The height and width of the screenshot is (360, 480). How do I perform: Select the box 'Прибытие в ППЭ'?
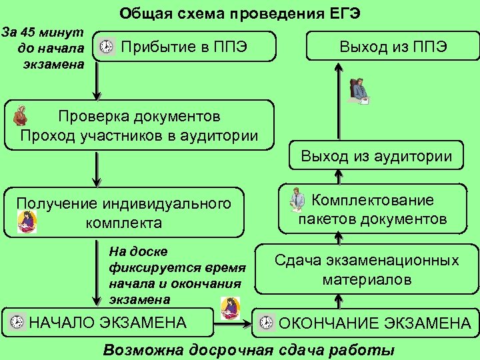(x=183, y=47)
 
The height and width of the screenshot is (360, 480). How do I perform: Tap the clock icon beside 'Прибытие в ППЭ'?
(x=106, y=47)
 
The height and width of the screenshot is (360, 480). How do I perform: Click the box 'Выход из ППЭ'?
(x=393, y=47)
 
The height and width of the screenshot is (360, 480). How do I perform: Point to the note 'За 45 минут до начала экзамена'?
(x=44, y=48)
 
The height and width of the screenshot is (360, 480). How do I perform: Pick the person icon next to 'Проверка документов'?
(x=21, y=115)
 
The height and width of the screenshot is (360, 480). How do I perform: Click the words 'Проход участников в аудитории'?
(x=139, y=136)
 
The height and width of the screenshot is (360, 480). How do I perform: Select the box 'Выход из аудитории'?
(x=377, y=157)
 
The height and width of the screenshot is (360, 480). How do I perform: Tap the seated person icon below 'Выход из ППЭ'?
(x=359, y=91)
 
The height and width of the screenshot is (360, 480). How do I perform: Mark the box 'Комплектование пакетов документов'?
(x=372, y=209)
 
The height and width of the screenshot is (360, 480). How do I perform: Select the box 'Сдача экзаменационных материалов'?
(x=367, y=269)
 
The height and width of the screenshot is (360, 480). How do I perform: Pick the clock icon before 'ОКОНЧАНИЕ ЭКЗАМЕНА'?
(x=266, y=323)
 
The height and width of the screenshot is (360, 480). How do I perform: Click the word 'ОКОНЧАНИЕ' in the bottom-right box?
(x=333, y=323)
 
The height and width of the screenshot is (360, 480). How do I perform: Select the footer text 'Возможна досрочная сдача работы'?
(x=249, y=350)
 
